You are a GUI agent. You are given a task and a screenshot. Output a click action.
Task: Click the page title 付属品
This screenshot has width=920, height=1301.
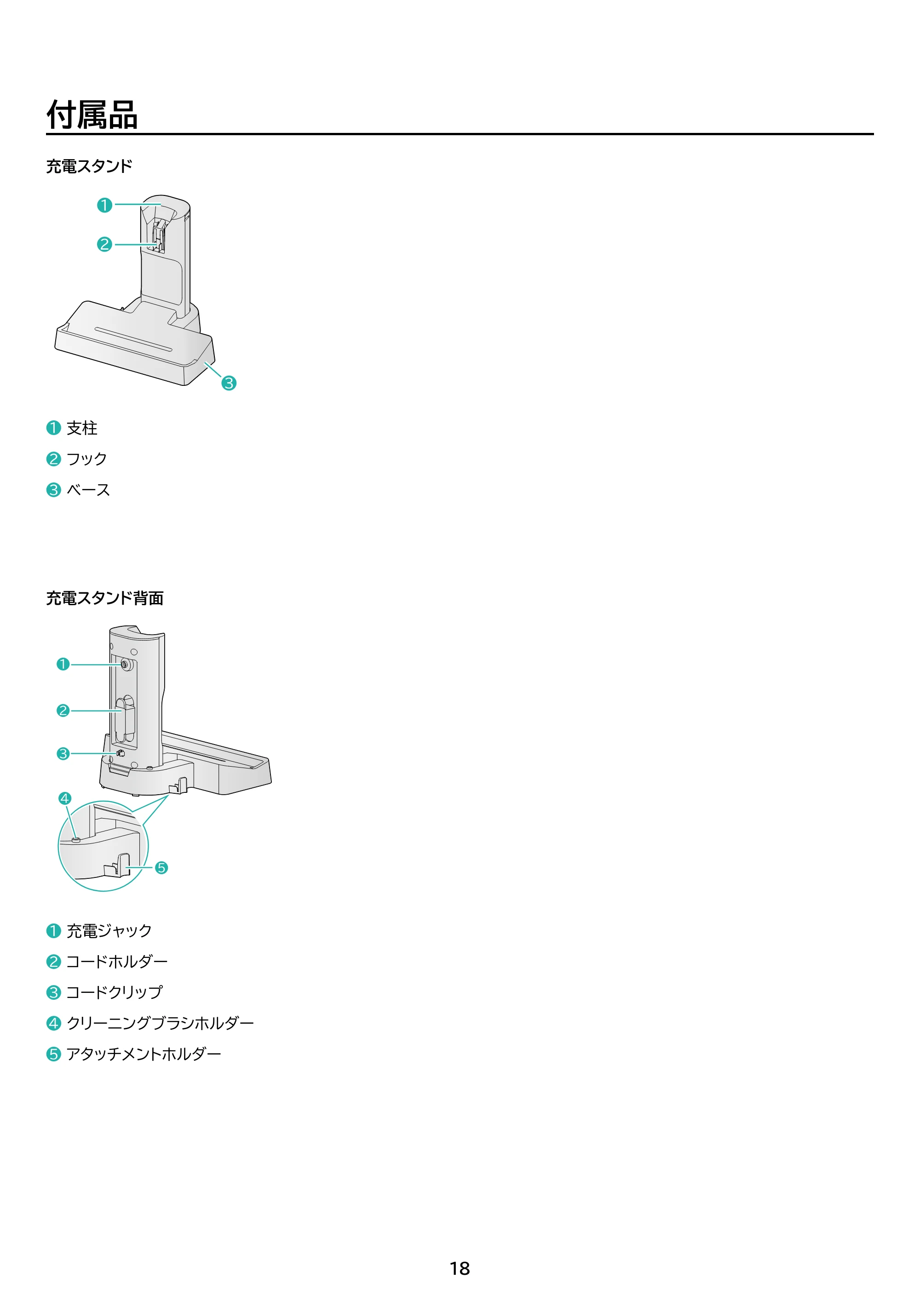(x=92, y=115)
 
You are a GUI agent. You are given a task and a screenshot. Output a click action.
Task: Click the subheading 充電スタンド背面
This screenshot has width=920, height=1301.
(x=105, y=598)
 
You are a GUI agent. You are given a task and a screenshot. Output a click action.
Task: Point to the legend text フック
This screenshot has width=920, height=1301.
(x=87, y=459)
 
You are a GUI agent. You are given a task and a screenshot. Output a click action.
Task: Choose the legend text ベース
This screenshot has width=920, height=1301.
(x=88, y=490)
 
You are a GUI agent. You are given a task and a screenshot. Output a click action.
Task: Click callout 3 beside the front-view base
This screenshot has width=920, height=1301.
(x=229, y=384)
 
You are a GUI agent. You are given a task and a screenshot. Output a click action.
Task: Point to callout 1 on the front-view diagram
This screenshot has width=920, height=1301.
(x=104, y=205)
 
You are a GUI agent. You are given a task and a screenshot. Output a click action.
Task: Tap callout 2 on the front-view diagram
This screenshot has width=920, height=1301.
(x=104, y=244)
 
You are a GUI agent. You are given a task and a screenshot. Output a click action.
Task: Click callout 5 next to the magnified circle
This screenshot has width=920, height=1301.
(x=161, y=867)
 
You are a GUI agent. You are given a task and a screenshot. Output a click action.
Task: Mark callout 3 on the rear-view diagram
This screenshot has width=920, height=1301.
(x=63, y=754)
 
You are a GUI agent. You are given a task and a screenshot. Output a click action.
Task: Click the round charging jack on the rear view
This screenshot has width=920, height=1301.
(x=126, y=665)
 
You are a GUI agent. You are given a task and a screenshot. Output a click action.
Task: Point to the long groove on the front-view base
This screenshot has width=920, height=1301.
(x=133, y=339)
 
